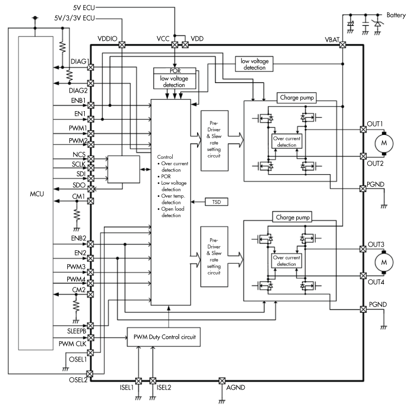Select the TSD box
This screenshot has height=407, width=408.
(x=215, y=202)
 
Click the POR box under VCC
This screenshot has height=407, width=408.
(x=174, y=71)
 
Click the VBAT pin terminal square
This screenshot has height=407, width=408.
(x=342, y=45)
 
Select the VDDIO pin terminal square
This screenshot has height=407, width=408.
(x=122, y=45)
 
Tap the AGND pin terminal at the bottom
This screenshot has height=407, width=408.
(x=222, y=381)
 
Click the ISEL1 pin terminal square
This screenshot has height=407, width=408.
(x=138, y=381)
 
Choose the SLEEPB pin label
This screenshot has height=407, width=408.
(x=76, y=331)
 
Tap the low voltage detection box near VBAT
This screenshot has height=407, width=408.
(x=254, y=64)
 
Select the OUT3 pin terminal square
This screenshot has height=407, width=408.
(x=363, y=249)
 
